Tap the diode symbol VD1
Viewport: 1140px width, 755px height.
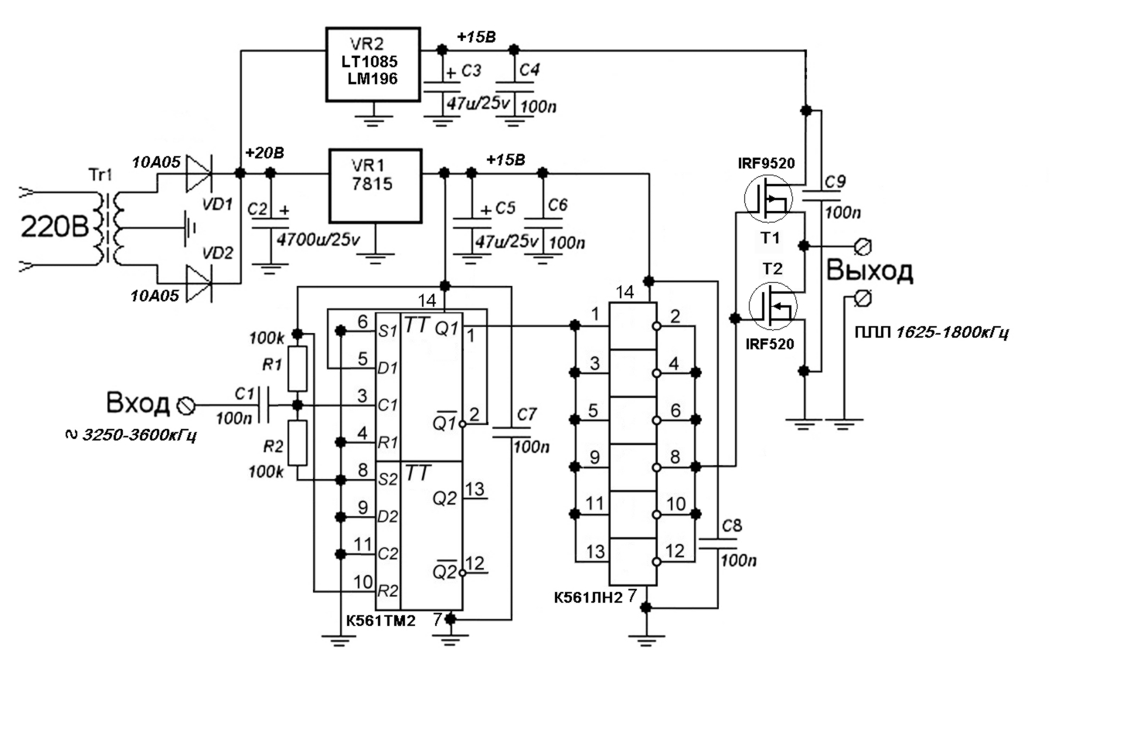coord(199,173)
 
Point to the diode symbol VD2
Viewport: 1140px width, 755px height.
coord(199,284)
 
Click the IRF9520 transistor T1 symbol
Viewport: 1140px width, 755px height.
coord(768,199)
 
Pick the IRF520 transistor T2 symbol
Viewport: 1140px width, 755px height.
coord(773,306)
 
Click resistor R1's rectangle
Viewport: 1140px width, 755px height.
coord(298,369)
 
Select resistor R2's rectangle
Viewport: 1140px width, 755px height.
coord(298,443)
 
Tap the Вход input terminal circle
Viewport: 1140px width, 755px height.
coord(185,406)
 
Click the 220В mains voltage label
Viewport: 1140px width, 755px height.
coord(55,226)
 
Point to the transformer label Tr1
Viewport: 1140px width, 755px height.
coord(100,175)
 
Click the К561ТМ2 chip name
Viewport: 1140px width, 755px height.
coord(381,621)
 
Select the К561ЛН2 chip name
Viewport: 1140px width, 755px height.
coord(588,597)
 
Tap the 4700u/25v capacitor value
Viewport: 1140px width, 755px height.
coord(318,239)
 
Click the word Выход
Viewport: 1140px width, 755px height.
coord(869,270)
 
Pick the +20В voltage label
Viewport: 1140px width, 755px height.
coord(264,153)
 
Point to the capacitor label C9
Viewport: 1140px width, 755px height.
coord(835,182)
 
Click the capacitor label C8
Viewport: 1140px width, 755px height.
coord(732,525)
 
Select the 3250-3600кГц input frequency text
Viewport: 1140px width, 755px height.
coord(139,436)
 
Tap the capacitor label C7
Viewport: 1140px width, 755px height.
coord(526,415)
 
